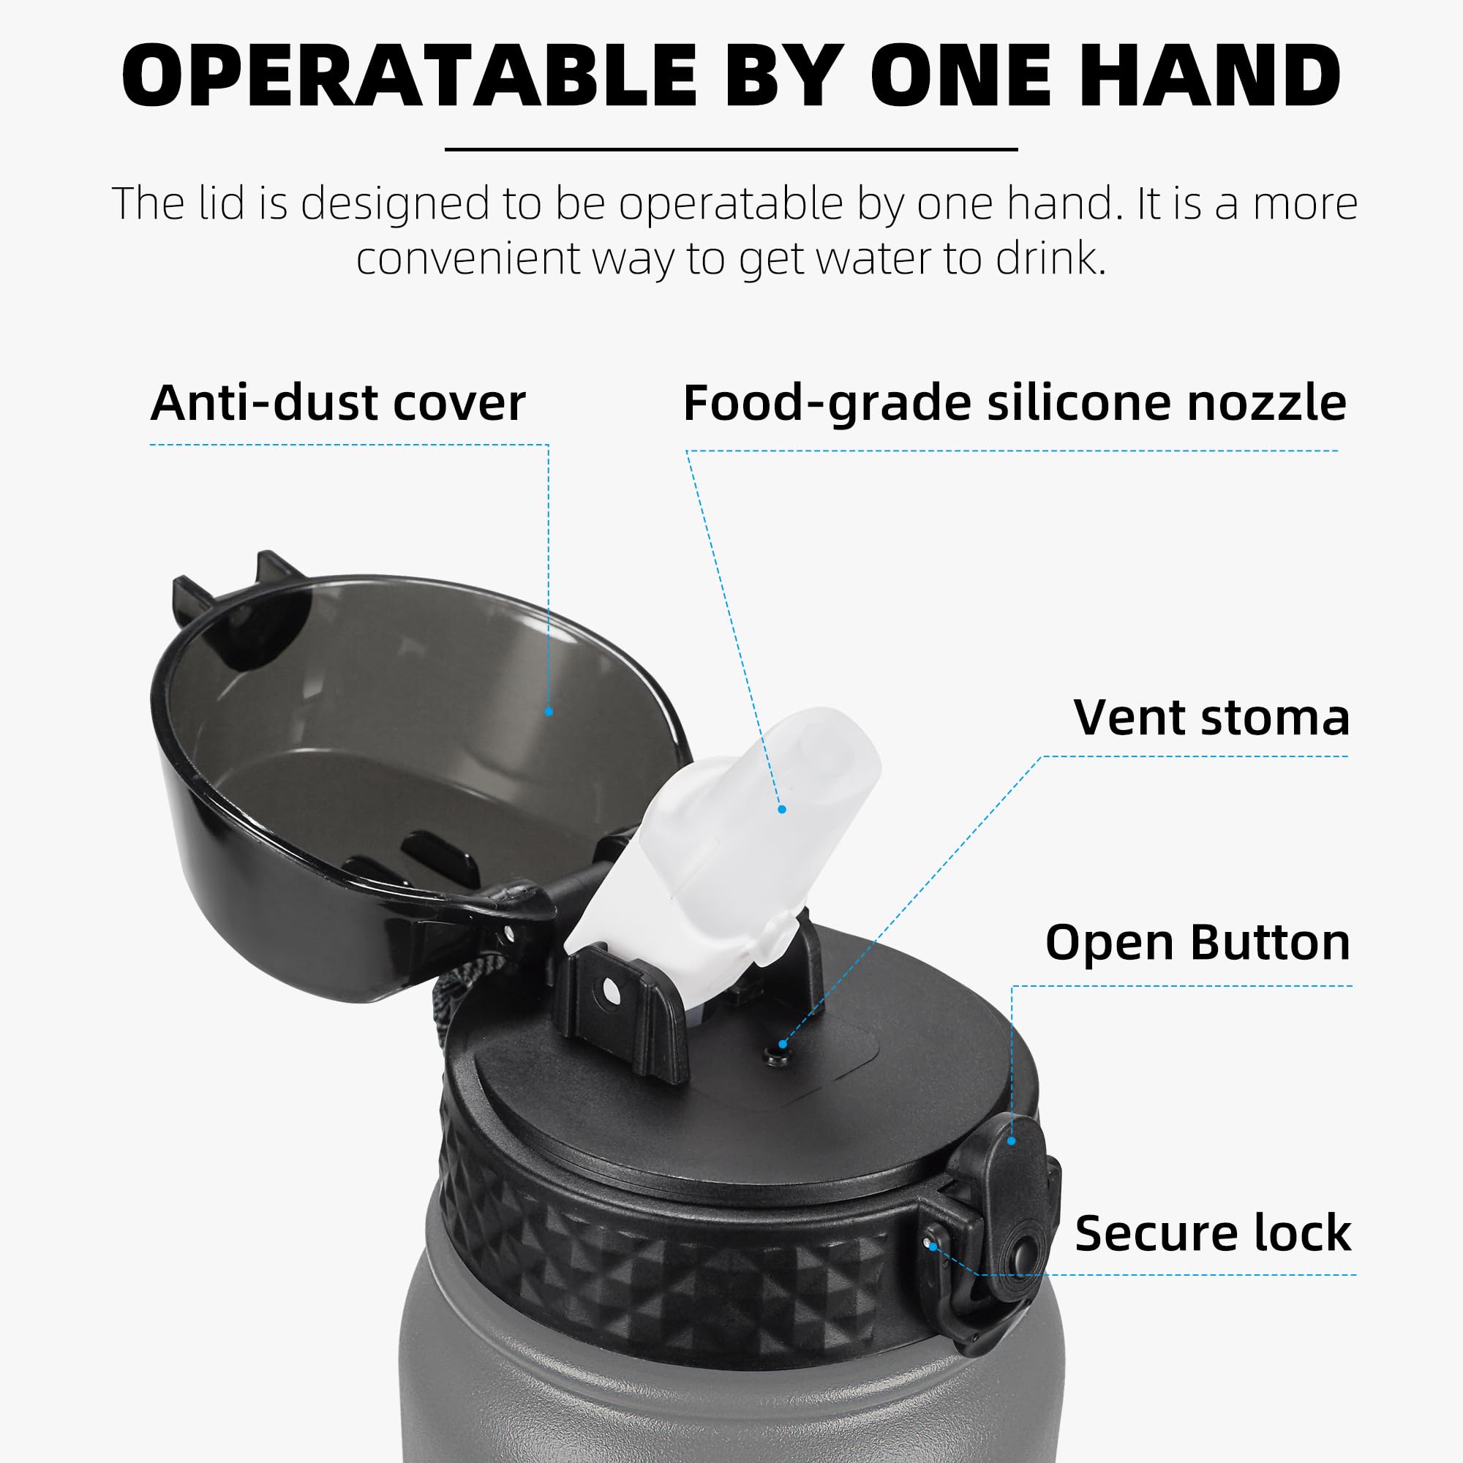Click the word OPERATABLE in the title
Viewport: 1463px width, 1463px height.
(x=410, y=77)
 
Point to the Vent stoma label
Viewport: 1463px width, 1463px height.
(x=1211, y=717)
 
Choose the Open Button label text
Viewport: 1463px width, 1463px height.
(x=1198, y=943)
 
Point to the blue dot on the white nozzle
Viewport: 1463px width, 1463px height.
(x=782, y=810)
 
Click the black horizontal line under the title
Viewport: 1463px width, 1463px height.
(x=731, y=149)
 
